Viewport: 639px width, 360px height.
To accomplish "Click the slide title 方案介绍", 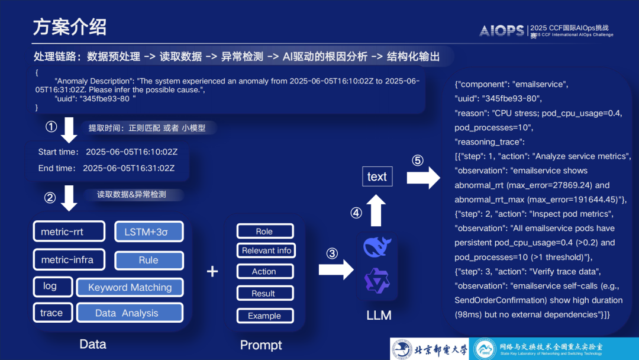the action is pos(70,27).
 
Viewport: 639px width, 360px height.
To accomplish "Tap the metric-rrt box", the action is pos(69,232).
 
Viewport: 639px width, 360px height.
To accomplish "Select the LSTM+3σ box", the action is pos(149,232).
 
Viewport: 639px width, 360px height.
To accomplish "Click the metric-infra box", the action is pos(69,260).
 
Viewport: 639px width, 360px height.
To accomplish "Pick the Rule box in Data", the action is pos(149,260).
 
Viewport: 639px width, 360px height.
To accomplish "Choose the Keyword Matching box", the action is pos(130,287).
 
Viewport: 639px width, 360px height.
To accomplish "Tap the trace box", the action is pos(52,313).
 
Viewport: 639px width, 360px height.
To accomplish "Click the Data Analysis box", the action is pos(130,313).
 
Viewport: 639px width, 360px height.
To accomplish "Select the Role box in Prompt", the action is pos(264,232).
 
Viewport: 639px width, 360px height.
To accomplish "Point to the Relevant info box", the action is pos(266,250).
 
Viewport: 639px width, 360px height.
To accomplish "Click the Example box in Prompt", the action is pos(264,316).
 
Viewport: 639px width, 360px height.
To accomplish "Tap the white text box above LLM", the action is pos(377,176).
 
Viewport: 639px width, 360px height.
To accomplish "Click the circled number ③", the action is pos(333,253).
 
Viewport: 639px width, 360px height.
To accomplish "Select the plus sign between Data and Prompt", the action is pos(212,272).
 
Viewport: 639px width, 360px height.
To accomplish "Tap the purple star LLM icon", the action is pos(376,281).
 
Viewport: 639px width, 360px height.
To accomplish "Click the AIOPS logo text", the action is pos(502,30).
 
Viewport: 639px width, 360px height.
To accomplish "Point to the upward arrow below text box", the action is pos(376,210).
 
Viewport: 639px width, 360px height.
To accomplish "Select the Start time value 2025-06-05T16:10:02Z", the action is pos(131,152).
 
